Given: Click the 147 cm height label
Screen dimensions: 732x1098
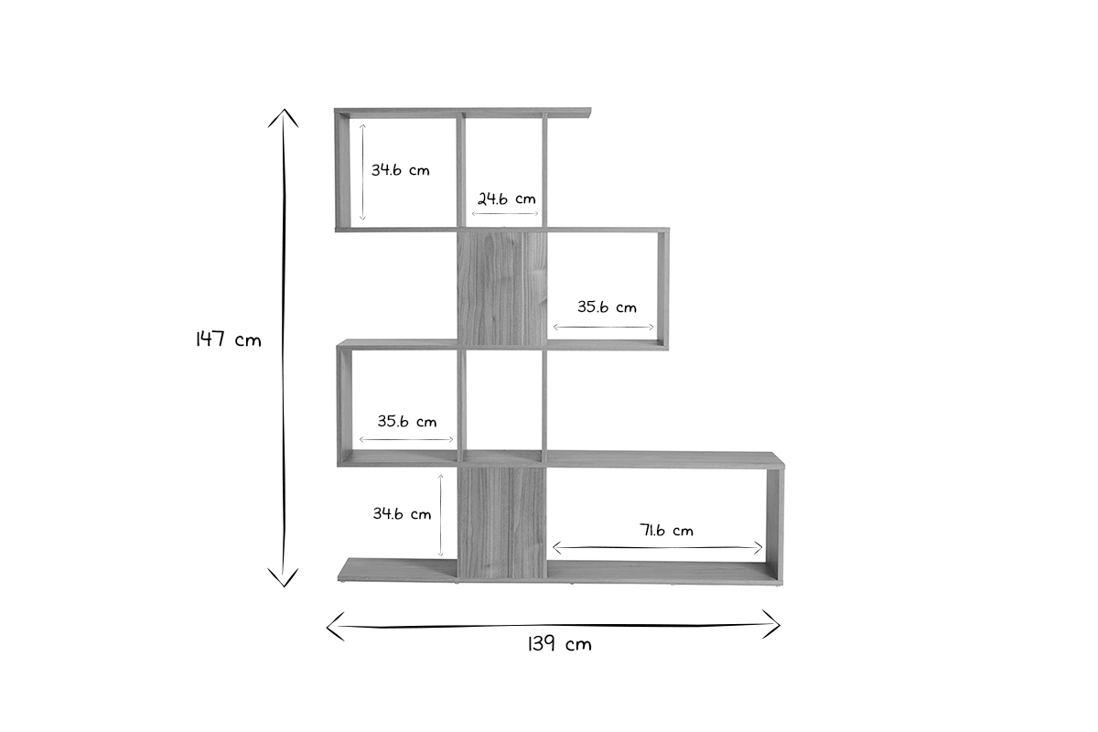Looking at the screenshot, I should pos(228,339).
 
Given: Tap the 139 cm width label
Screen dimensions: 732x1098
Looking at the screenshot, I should pos(559,644).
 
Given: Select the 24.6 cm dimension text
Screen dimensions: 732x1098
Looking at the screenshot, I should pos(506,198).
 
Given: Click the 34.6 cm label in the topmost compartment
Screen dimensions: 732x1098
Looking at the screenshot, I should pos(400,170).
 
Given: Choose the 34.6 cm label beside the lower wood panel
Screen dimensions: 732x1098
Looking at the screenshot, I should pos(402,513).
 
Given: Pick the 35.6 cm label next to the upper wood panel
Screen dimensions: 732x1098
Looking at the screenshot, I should pos(607,307).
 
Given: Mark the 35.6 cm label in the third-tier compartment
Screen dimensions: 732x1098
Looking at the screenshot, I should pos(407,422).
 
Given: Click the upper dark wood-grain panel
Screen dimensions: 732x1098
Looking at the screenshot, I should pos(501,288).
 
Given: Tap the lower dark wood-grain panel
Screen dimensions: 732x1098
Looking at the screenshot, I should pos(501,523).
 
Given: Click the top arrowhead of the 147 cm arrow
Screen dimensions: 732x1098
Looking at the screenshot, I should pos(284,115).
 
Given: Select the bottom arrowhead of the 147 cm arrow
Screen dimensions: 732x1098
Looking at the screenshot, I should pos(284,580).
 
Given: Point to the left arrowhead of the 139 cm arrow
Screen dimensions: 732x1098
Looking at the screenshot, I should pos(332,625).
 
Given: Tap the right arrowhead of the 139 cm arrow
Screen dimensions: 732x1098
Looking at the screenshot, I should pos(776,625).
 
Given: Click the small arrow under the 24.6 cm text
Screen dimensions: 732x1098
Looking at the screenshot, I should pos(505,214).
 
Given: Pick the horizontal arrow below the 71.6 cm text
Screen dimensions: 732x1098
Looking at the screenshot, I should pos(657,547).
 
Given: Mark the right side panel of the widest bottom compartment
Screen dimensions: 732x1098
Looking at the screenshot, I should pos(776,522).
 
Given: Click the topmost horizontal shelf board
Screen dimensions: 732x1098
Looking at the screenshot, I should pos(462,113).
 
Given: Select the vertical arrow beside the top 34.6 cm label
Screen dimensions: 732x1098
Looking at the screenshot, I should pos(362,171).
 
